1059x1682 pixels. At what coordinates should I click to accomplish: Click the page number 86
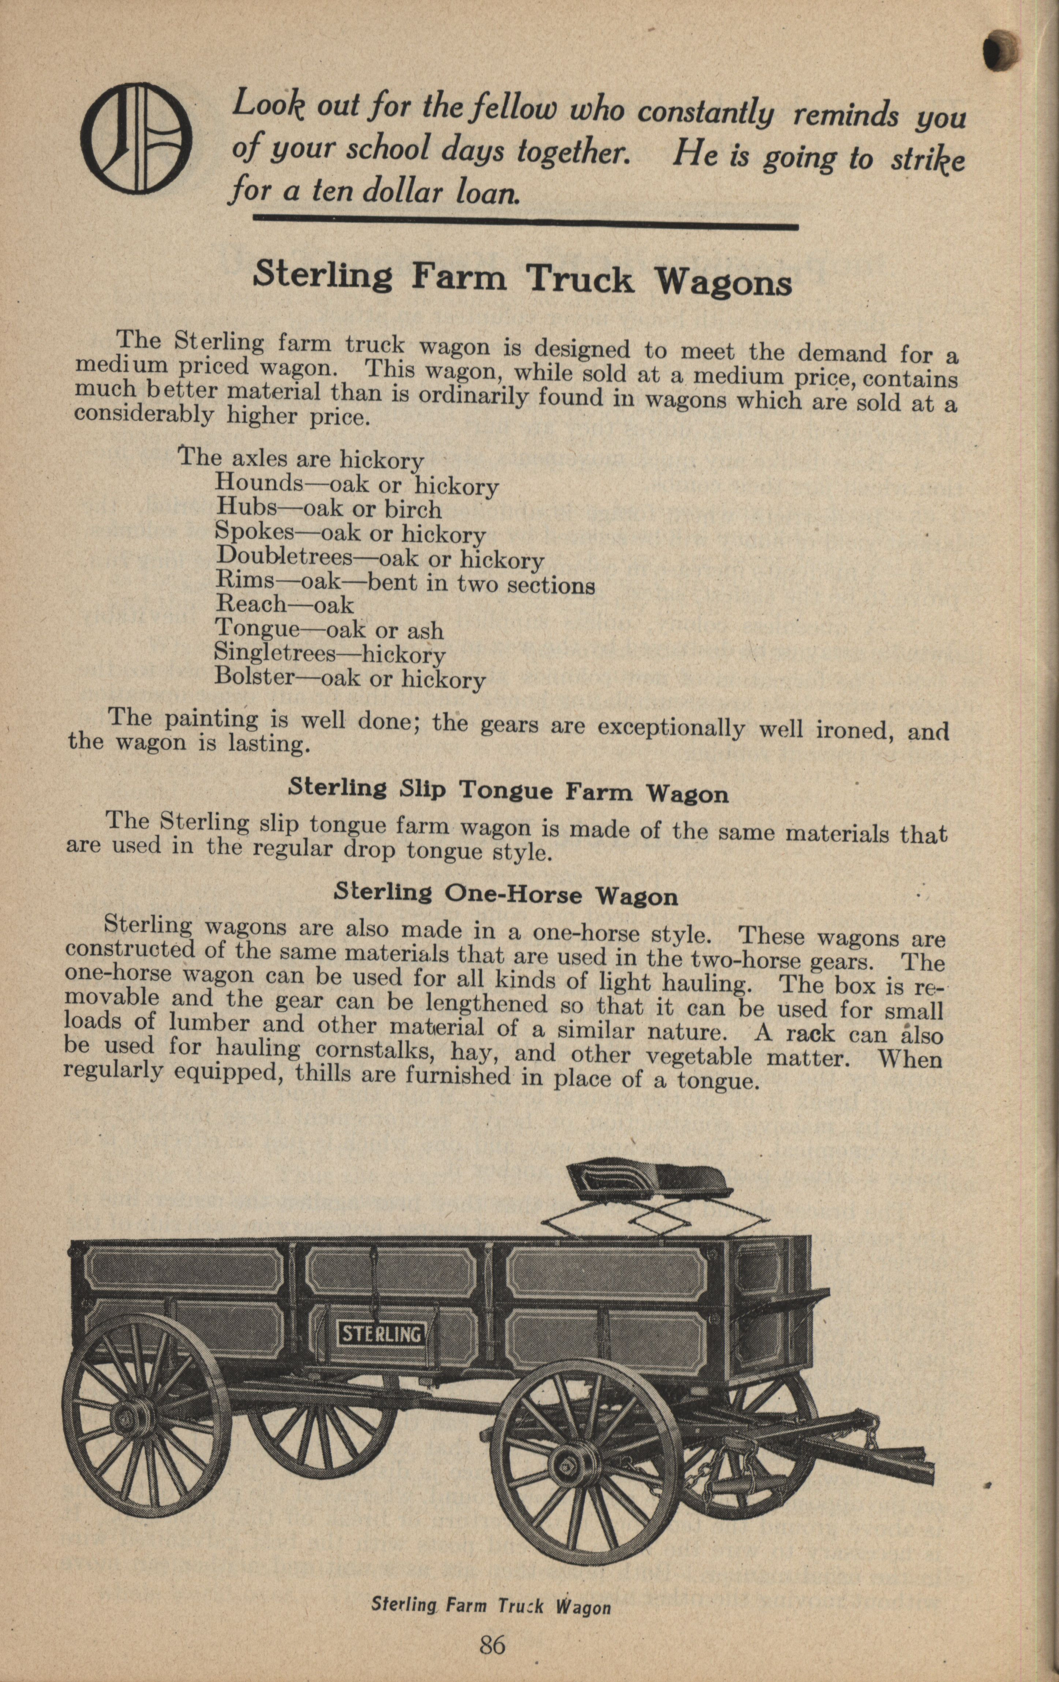click(x=492, y=1640)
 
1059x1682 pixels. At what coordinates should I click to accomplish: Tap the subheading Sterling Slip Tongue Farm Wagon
click(x=508, y=792)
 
